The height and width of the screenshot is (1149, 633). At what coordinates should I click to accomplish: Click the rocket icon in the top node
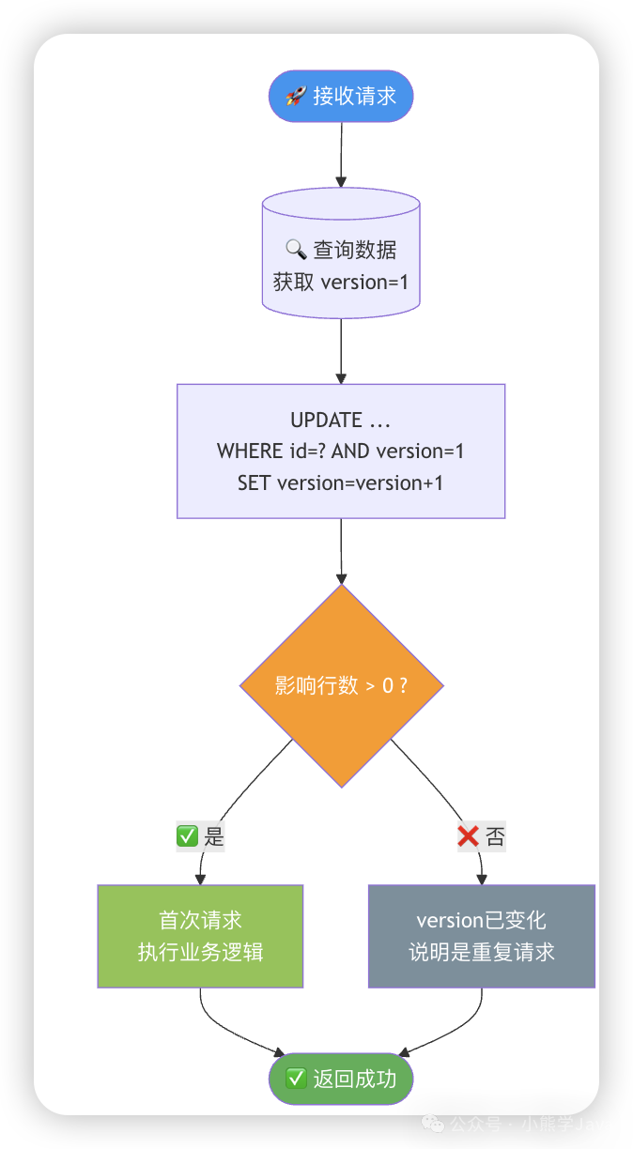pyautogui.click(x=296, y=96)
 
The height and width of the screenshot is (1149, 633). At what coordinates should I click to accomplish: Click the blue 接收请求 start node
pyautogui.click(x=341, y=96)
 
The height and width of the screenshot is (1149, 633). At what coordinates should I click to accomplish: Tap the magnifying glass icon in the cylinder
pyautogui.click(x=296, y=249)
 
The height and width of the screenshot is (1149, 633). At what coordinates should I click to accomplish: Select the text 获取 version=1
pyautogui.click(x=341, y=282)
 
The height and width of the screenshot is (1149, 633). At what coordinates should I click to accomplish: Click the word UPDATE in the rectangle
pyautogui.click(x=326, y=420)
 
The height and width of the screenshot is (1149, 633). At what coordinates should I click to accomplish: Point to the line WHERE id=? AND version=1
pyautogui.click(x=341, y=452)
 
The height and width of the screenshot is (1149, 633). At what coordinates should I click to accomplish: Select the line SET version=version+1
pyautogui.click(x=341, y=483)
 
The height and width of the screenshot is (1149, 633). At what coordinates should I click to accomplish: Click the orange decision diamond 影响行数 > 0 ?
pyautogui.click(x=341, y=685)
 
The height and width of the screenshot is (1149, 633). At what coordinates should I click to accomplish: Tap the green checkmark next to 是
pyautogui.click(x=188, y=835)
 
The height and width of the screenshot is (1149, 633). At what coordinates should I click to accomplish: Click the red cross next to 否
pyautogui.click(x=468, y=835)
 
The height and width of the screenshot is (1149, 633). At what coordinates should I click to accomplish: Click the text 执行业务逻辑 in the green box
pyautogui.click(x=200, y=952)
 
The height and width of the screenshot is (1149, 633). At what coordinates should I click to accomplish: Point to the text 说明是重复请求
pyautogui.click(x=481, y=952)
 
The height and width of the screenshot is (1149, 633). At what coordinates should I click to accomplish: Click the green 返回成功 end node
pyautogui.click(x=341, y=1079)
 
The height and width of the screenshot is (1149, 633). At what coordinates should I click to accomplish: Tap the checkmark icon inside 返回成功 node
pyautogui.click(x=297, y=1079)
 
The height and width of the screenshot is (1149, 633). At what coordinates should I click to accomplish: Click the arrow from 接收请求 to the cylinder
pyautogui.click(x=341, y=155)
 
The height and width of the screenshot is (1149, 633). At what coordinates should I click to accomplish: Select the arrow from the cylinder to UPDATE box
pyautogui.click(x=341, y=347)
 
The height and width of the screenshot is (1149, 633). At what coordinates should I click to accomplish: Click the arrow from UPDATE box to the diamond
pyautogui.click(x=341, y=552)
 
